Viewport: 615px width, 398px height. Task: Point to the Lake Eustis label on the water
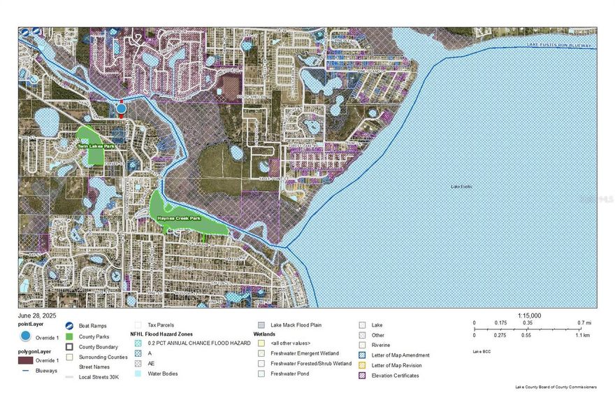(x=461, y=187)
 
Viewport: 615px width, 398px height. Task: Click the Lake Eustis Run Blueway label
(x=558, y=45)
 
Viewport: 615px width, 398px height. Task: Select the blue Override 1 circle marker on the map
(x=121, y=108)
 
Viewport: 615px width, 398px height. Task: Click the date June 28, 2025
(x=37, y=315)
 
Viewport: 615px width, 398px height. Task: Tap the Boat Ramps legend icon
(x=71, y=326)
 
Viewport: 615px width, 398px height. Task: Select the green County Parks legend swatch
(x=71, y=336)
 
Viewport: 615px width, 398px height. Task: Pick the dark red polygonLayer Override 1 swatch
(x=26, y=360)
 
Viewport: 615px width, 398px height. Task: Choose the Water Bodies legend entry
(x=162, y=374)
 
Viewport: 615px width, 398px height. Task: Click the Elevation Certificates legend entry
(x=395, y=376)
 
